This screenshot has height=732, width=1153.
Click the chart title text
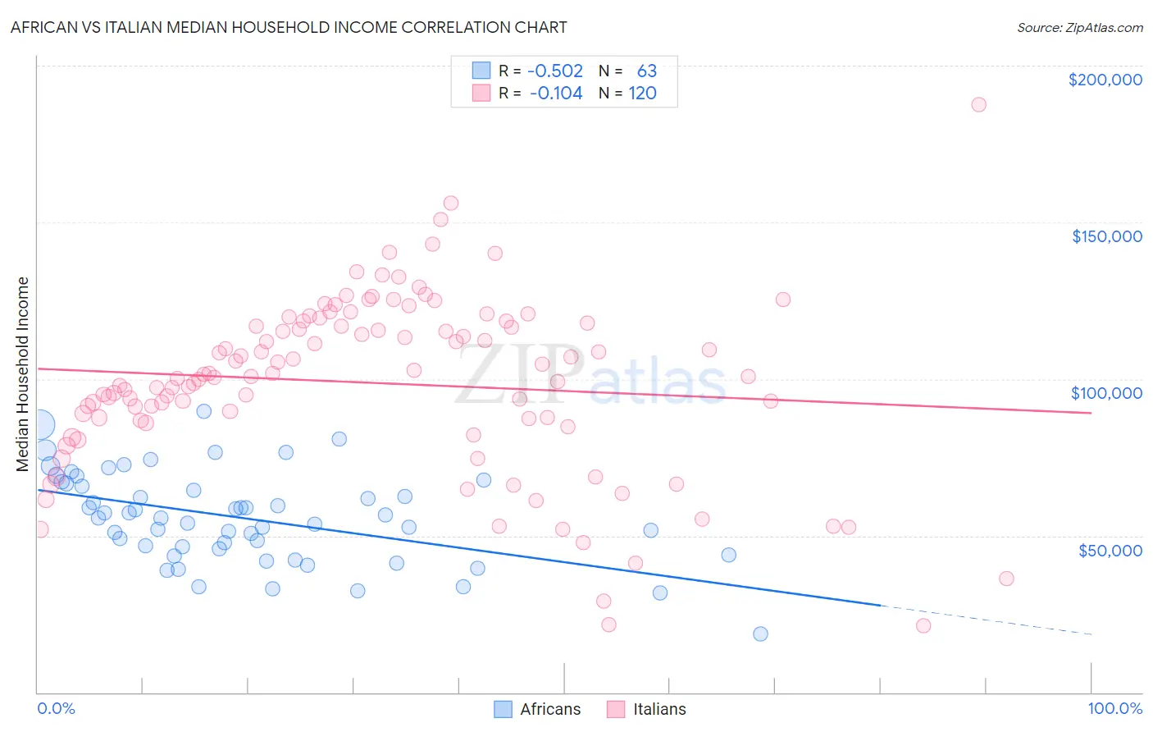(289, 27)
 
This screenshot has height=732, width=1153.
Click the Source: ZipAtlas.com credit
(1079, 27)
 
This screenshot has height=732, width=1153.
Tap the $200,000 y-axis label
(1105, 80)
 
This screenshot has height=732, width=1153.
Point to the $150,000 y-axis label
(1106, 236)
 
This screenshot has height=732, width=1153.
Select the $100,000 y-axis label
(1106, 393)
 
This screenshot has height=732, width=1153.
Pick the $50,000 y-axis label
(1110, 550)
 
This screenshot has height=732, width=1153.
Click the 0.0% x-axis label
(56, 708)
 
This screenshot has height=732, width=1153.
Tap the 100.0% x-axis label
(1114, 708)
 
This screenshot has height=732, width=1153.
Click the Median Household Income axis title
(23, 374)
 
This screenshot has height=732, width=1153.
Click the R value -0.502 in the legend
(555, 71)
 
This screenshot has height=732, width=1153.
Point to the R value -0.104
(556, 94)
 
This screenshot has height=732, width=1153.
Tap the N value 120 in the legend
(642, 94)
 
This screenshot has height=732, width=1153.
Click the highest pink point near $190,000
(978, 105)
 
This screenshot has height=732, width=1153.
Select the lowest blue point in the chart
(760, 634)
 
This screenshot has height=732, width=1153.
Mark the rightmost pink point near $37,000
(1006, 579)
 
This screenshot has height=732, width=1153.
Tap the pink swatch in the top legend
(481, 94)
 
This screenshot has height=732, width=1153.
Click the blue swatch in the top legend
(481, 71)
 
